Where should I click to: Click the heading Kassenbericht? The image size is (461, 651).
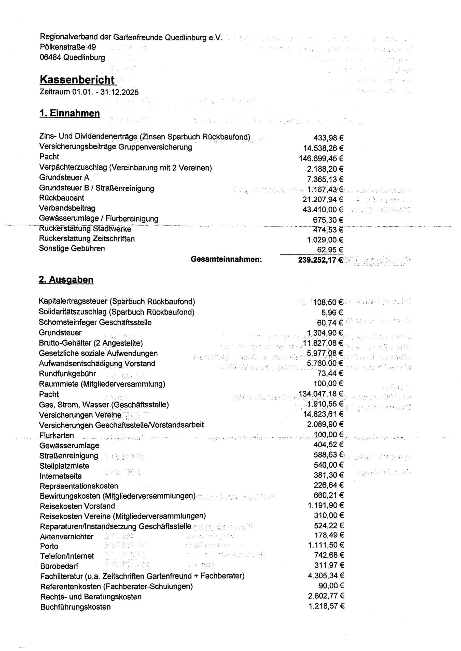[77, 80]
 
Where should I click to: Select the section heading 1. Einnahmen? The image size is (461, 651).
[69, 113]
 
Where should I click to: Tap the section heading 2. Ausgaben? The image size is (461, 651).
[66, 279]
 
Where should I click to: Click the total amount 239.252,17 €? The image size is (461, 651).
[320, 260]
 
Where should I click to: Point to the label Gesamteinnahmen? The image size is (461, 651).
[226, 259]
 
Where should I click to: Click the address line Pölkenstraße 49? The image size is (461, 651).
[68, 47]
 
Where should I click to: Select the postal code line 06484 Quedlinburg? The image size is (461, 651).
[72, 57]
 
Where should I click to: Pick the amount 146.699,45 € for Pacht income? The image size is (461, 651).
[321, 158]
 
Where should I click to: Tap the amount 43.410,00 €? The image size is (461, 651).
[323, 210]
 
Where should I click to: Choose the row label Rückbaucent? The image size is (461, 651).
[62, 198]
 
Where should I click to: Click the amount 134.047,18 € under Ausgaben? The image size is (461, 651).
[321, 394]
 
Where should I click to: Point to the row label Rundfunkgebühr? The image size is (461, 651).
[67, 374]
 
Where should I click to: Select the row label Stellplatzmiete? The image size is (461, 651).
[64, 466]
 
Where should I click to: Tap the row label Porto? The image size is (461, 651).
[49, 546]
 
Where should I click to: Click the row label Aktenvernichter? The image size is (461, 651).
[66, 537]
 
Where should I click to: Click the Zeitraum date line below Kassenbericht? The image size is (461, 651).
[89, 92]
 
